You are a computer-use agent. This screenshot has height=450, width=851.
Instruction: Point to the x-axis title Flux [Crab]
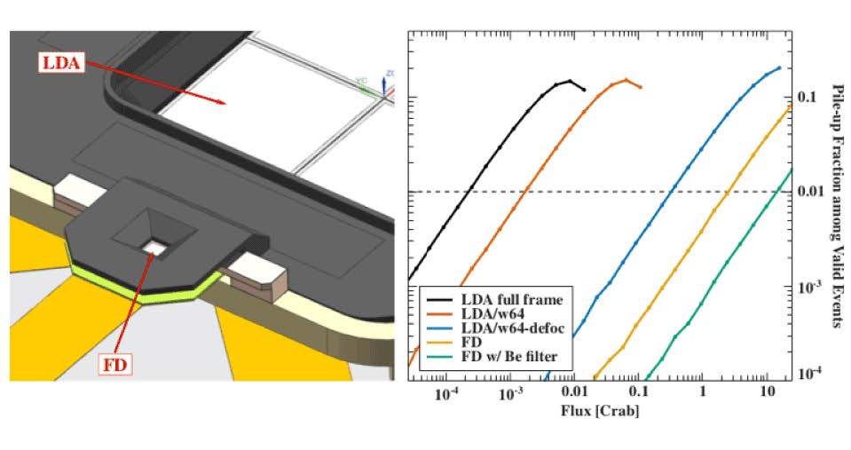pyautogui.click(x=601, y=412)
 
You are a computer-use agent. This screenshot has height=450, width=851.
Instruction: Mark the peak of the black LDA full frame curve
pyautogui.click(x=571, y=81)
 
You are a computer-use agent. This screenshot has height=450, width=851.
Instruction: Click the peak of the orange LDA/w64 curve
pyautogui.click(x=626, y=80)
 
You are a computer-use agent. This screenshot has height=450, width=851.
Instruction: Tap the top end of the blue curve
pyautogui.click(x=779, y=67)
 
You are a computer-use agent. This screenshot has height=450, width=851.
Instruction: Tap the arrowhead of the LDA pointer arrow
pyautogui.click(x=223, y=104)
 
